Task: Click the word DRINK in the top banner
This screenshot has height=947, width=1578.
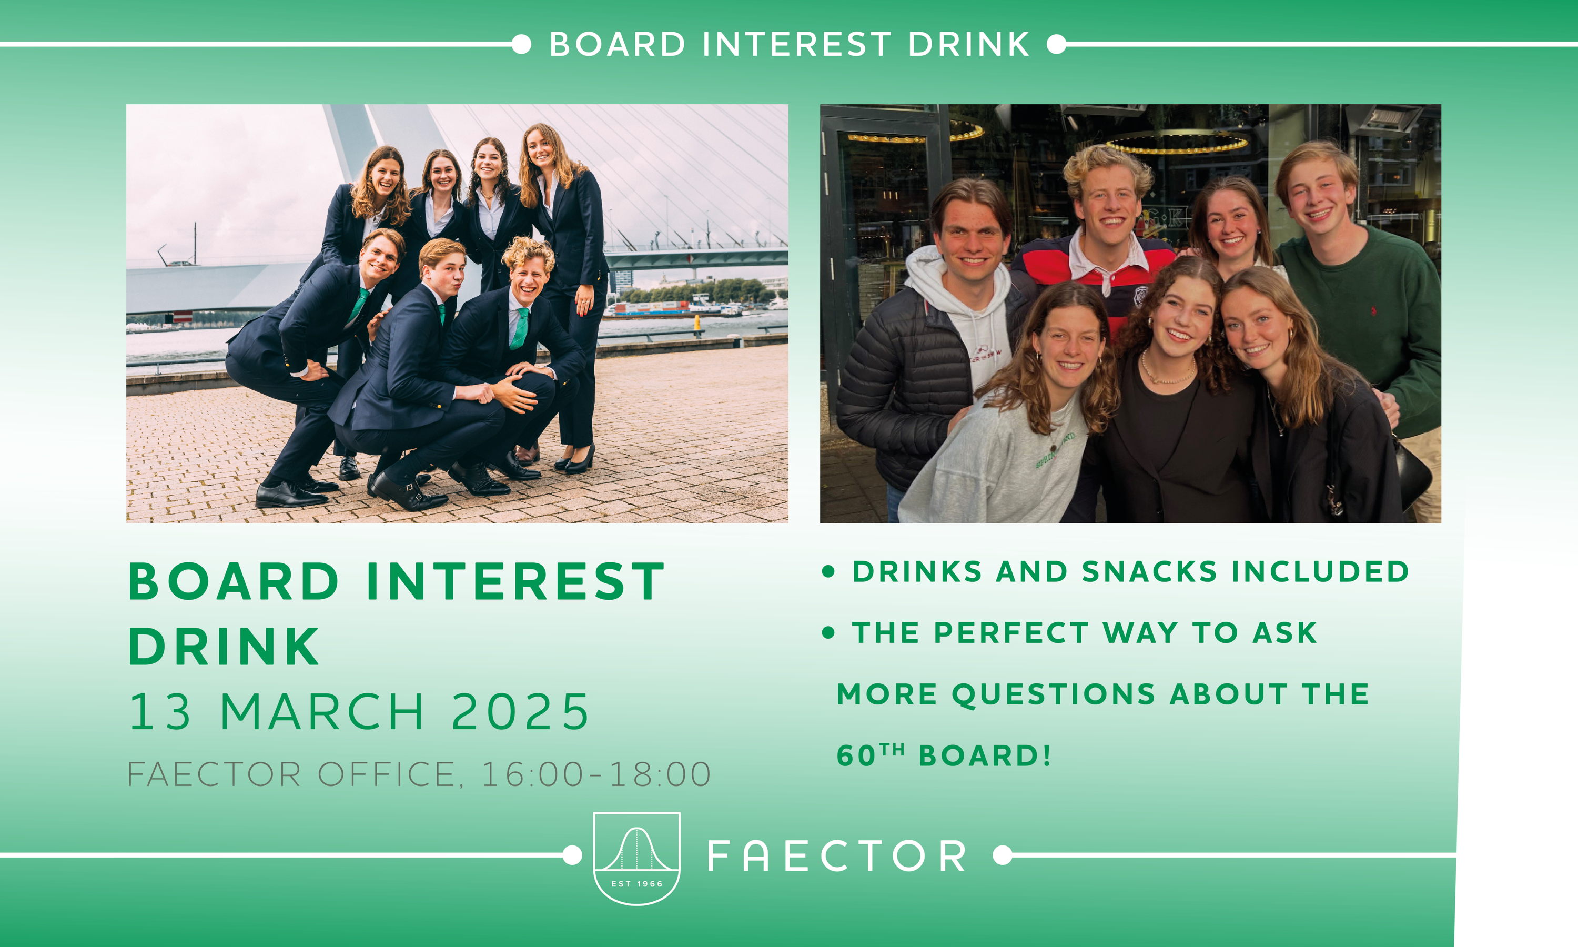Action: pos(968,44)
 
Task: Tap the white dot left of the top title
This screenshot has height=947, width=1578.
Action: pos(521,44)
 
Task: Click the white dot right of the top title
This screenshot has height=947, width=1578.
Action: pos(1056,44)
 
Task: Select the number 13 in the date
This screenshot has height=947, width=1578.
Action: pos(159,711)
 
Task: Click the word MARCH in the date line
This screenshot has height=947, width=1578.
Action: pos(322,711)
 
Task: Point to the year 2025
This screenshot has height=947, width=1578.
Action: pos(520,711)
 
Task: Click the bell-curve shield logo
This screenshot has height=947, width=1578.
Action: pos(636,858)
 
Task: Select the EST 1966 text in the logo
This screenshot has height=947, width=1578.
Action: pos(636,884)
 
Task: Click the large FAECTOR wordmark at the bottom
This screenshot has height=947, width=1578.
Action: pos(836,856)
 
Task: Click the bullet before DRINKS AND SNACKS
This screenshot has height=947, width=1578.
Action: pos(828,571)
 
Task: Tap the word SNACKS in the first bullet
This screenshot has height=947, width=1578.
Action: pos(1149,571)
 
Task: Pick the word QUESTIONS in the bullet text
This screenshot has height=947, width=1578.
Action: pos(1053,694)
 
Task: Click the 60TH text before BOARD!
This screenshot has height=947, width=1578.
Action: pos(870,754)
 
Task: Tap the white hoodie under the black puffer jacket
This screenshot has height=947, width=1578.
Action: pos(969,319)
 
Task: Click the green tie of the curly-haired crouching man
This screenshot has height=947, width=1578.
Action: pos(520,329)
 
